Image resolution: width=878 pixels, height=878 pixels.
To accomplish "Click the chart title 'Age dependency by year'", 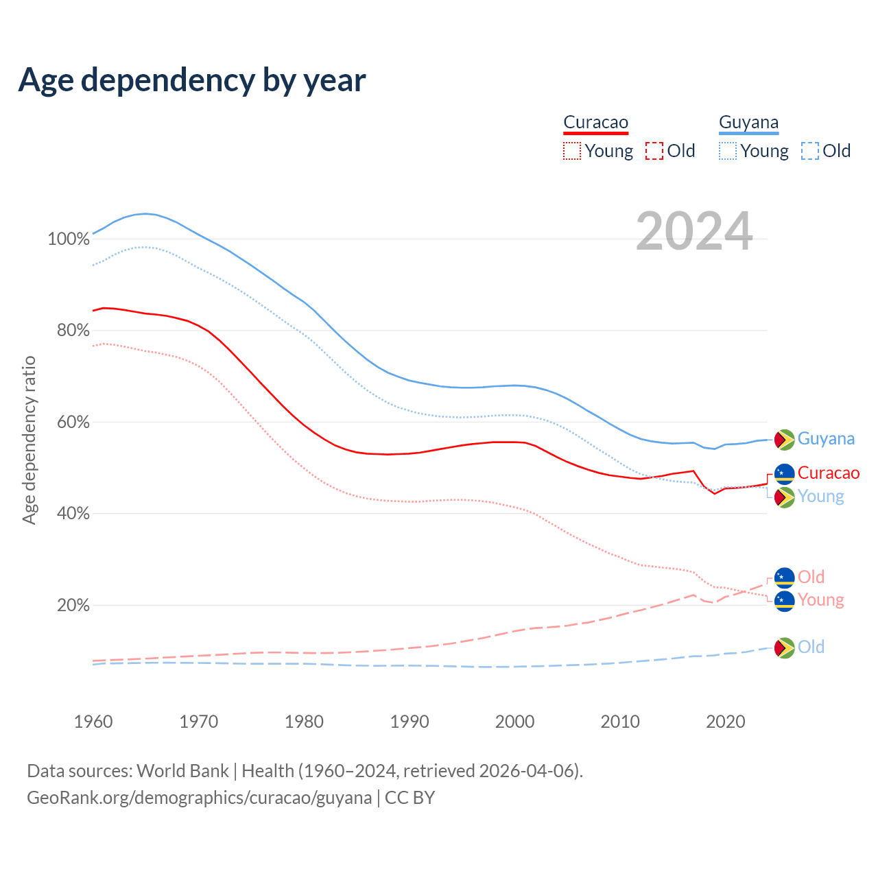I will point(192,80).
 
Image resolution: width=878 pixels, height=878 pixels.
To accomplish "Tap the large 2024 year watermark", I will point(694,231).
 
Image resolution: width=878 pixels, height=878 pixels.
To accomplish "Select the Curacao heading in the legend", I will point(595,122).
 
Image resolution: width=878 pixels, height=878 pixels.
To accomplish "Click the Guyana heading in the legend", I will point(748,122).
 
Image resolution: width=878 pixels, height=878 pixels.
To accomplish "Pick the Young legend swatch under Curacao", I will point(571,151).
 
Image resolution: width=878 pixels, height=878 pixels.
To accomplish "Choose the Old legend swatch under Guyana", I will point(810,151).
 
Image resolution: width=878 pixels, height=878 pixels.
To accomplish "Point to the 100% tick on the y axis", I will point(69,239).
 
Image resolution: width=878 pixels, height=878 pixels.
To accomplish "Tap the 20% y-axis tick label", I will point(73,606).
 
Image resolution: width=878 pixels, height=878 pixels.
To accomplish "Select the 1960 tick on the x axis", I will point(93,722).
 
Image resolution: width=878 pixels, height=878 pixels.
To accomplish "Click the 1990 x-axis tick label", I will point(410,722).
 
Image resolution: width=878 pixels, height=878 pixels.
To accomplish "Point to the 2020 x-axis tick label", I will point(726,722).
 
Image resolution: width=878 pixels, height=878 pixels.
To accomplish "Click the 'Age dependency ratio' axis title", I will point(29,440).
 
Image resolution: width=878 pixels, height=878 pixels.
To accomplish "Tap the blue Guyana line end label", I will point(826,439).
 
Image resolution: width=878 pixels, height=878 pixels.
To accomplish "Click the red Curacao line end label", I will point(828,473).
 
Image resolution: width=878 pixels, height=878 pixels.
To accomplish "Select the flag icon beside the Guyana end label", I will point(784,440).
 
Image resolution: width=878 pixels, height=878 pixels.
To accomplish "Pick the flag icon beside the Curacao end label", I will point(784,473).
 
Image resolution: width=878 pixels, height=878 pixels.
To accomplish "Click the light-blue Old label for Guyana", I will point(811,647).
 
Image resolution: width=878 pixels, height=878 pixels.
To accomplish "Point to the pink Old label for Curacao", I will point(811,577).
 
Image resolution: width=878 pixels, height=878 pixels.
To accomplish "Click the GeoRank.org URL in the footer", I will point(199,798).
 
